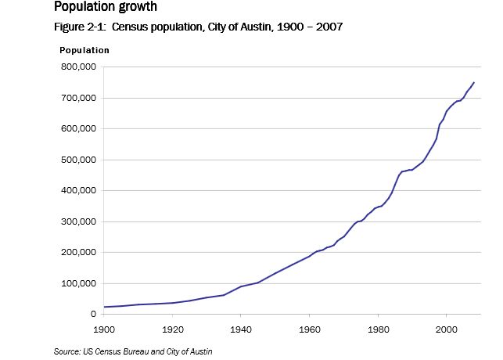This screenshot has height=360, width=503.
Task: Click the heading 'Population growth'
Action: point(105,7)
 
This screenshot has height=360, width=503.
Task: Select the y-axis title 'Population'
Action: point(84,50)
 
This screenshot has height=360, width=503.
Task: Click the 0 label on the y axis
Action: point(92,315)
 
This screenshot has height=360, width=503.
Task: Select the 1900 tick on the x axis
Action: point(104,329)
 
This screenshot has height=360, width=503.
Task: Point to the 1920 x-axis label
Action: point(172,329)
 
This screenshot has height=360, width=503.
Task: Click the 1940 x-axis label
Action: point(241,329)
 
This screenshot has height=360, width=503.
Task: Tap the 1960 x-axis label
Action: point(310,329)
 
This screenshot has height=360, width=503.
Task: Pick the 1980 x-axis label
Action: point(378,329)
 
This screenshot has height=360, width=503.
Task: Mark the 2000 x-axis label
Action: point(447,329)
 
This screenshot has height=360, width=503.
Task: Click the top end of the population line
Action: point(474,82)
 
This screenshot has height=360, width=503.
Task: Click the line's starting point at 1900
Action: point(104,307)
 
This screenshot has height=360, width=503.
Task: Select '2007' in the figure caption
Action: point(330,27)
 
